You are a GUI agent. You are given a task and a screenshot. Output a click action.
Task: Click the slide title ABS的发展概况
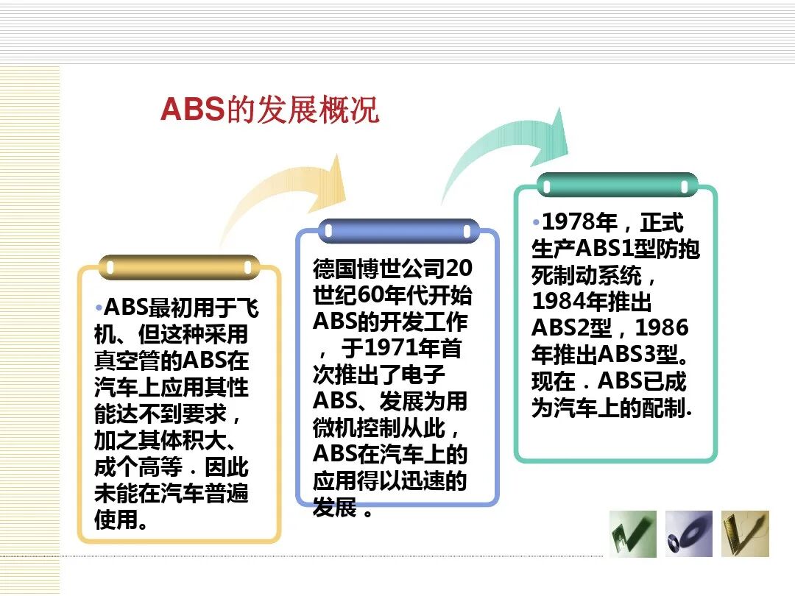coord(269,110)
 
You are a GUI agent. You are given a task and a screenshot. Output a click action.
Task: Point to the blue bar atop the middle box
coord(398,230)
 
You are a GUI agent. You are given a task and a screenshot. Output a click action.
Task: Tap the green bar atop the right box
coord(617,184)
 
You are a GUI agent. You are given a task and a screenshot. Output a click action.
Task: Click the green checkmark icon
coord(632,533)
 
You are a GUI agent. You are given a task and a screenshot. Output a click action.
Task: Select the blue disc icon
coord(689,533)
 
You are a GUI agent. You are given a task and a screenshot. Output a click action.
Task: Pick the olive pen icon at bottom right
coord(745,533)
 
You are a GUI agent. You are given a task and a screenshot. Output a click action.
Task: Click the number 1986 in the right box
coord(662,327)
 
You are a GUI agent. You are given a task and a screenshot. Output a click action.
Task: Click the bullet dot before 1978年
coord(536,221)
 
